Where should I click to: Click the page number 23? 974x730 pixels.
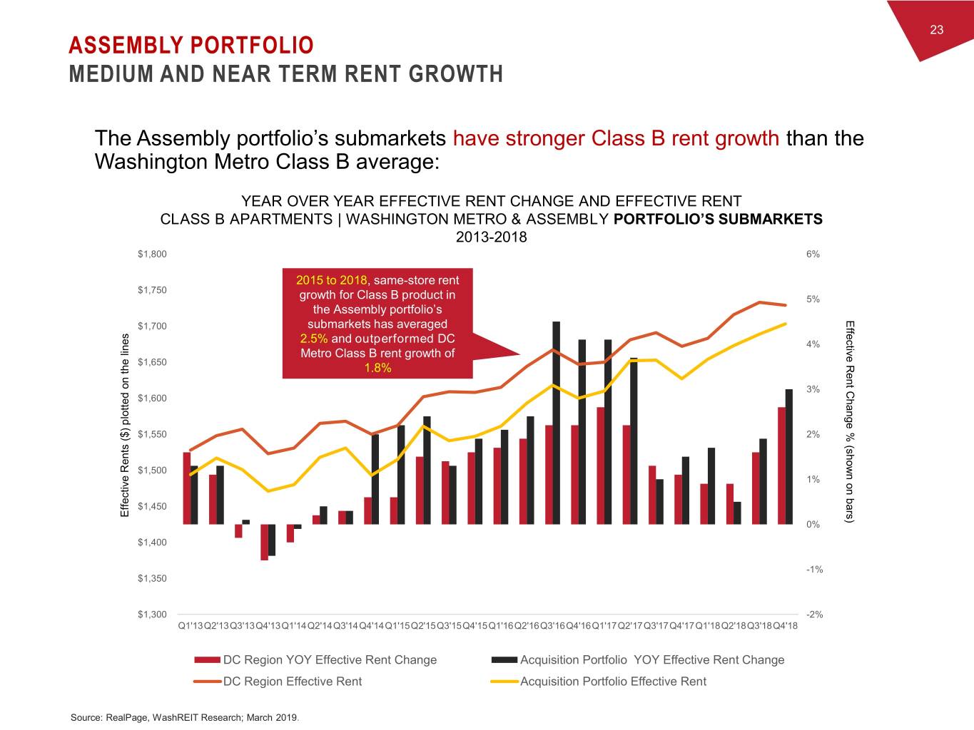pos(936,29)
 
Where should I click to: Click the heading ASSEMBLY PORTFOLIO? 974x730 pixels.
pos(191,46)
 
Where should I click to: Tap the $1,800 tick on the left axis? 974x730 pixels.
pos(152,254)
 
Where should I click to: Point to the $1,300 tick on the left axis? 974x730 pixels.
pos(152,614)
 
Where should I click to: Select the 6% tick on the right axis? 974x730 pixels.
pos(813,254)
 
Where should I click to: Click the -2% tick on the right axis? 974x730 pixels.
pos(813,614)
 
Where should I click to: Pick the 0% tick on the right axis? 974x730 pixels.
pos(813,524)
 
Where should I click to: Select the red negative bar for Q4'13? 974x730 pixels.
pos(264,542)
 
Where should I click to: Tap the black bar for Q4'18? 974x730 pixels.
pos(789,456)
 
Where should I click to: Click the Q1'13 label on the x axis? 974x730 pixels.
pos(191,626)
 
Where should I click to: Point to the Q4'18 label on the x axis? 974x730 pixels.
pos(785,626)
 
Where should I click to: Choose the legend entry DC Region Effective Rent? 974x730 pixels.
pos(293,682)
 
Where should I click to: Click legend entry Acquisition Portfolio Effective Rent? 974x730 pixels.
pos(613,682)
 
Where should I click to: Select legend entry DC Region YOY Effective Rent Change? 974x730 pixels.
pos(330,660)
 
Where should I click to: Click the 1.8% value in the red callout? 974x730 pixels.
pos(377,368)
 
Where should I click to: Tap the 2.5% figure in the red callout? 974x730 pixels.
pos(314,339)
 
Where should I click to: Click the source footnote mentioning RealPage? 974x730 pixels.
pos(185,717)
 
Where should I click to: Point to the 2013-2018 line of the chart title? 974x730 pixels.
pos(491,237)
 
